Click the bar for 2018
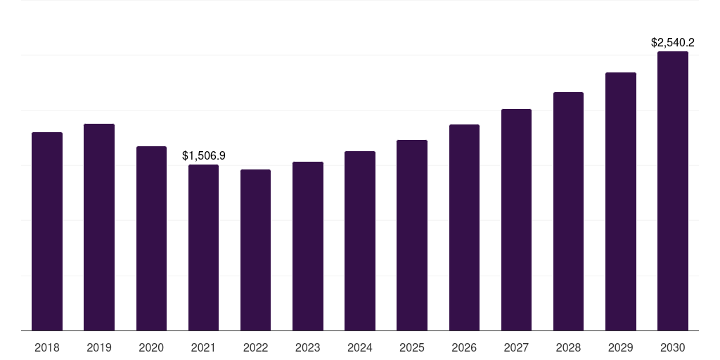click(47, 231)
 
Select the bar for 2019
click(99, 227)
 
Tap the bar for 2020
click(151, 238)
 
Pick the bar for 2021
click(203, 247)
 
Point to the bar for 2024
click(360, 240)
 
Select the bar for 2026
click(464, 227)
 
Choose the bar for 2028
click(568, 211)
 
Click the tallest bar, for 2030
click(673, 191)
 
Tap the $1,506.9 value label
click(203, 155)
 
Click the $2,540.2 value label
click(673, 42)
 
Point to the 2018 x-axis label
click(47, 347)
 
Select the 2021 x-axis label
click(203, 347)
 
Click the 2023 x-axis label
click(308, 347)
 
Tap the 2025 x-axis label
click(412, 347)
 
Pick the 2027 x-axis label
click(516, 347)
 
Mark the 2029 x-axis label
click(621, 347)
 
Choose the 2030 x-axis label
click(673, 347)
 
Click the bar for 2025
click(412, 235)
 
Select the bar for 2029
click(621, 201)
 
